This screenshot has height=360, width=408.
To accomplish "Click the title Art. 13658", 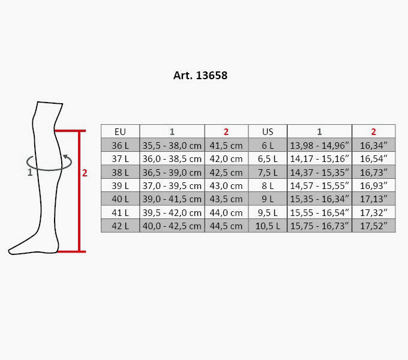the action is [200, 76].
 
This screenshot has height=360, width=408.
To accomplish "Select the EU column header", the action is [120, 132].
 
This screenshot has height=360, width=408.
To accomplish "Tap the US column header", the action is [268, 132].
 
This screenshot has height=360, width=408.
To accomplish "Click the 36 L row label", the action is [120, 145].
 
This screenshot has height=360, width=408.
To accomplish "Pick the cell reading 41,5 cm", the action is [226, 145].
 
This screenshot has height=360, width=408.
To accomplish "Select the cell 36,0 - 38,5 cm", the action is [172, 158].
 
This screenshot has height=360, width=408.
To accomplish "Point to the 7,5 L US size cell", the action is [268, 172].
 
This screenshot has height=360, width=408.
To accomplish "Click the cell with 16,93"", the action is [374, 186].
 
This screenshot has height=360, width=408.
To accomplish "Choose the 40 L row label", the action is [120, 199].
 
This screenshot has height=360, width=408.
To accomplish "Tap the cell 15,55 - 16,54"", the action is [320, 213].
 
